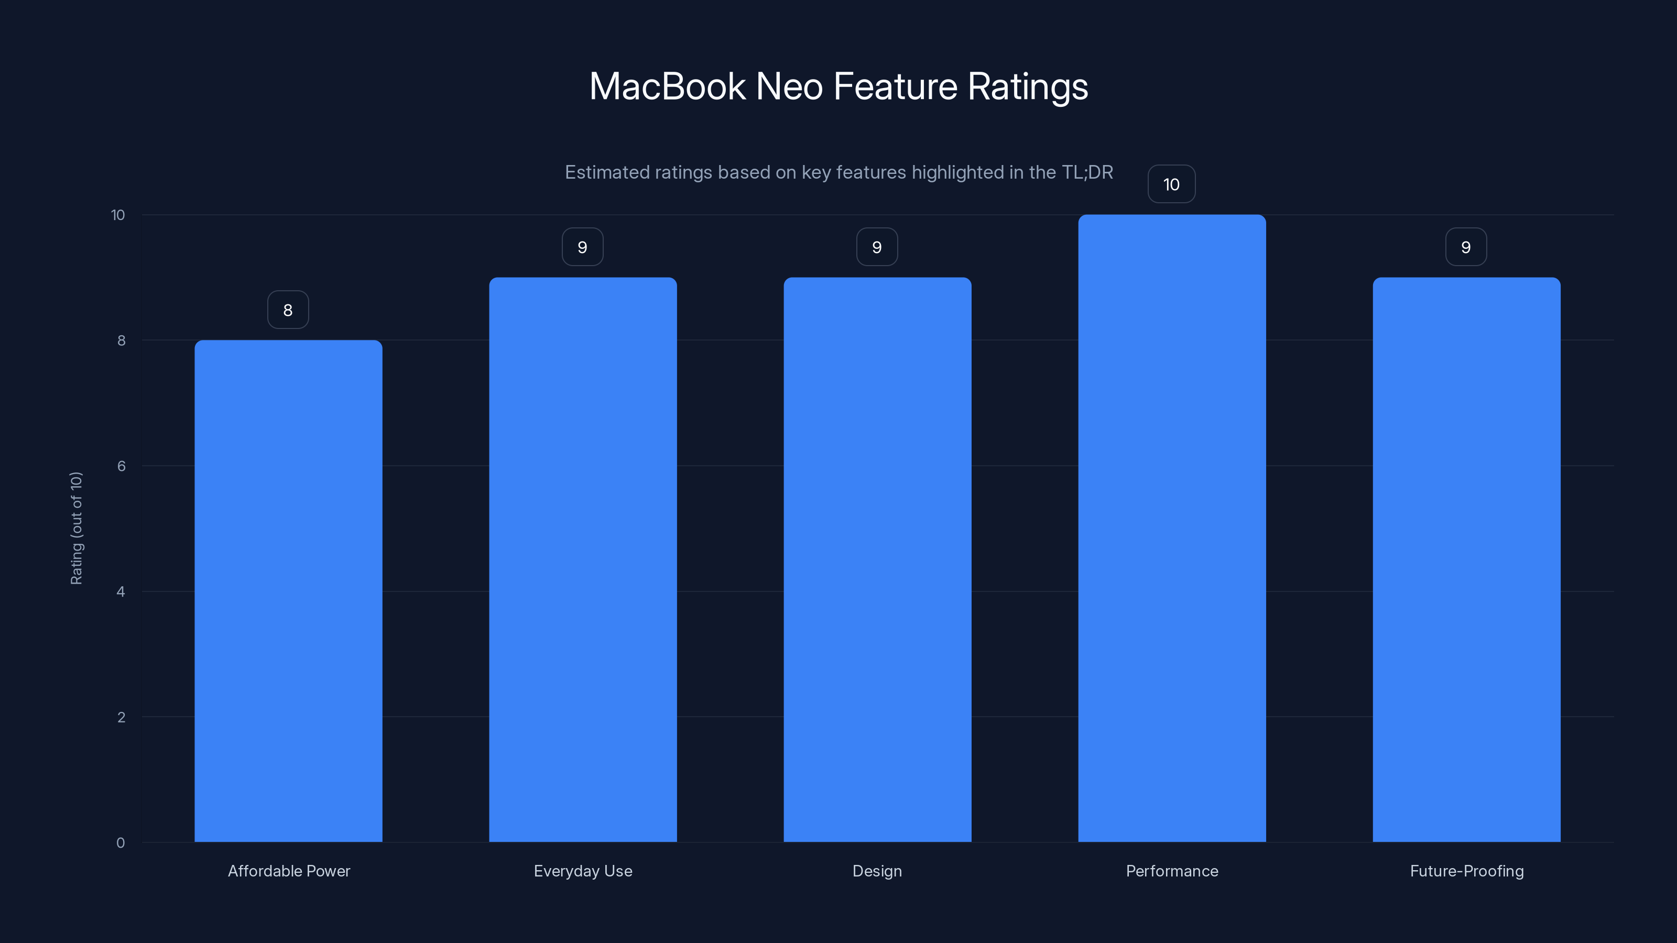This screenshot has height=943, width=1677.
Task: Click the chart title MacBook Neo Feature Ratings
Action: coord(838,86)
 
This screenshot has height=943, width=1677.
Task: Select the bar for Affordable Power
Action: coord(288,591)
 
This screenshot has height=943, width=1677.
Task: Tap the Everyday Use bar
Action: coord(583,560)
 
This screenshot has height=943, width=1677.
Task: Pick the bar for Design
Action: coord(877,560)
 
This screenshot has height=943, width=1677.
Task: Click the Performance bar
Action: coord(1172,529)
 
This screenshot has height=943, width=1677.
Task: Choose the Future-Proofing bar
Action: coord(1466,560)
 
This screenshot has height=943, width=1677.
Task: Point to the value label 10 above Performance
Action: coord(1171,185)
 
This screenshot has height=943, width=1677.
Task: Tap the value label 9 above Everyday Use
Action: coord(583,247)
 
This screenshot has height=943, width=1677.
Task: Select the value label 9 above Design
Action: coord(877,247)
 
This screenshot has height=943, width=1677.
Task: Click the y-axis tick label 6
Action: coord(121,466)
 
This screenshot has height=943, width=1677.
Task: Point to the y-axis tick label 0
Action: coord(121,843)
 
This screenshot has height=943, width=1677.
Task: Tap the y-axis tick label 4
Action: coord(121,591)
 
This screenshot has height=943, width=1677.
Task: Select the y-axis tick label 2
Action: coord(121,717)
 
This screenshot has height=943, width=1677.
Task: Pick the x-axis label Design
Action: coord(877,871)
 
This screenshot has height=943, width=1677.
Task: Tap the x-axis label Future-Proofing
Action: coord(1467,871)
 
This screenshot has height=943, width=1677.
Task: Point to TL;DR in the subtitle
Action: coord(1087,172)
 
